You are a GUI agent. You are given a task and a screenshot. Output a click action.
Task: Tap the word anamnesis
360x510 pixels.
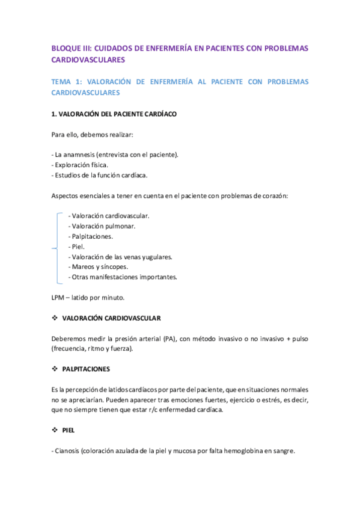78,155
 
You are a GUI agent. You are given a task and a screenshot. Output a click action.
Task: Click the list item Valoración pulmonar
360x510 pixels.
102,226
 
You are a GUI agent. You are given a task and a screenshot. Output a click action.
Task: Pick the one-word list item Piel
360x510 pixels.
78,247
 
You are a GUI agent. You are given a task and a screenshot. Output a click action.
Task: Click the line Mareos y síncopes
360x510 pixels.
98,267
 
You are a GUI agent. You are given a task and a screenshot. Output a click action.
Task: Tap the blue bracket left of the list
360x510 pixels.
56,247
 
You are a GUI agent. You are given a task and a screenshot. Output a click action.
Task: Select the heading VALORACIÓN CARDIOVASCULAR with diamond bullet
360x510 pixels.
111,318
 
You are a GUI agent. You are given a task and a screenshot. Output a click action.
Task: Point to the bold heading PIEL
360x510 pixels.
68,430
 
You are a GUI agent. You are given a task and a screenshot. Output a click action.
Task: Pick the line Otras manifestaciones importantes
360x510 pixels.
123,277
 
